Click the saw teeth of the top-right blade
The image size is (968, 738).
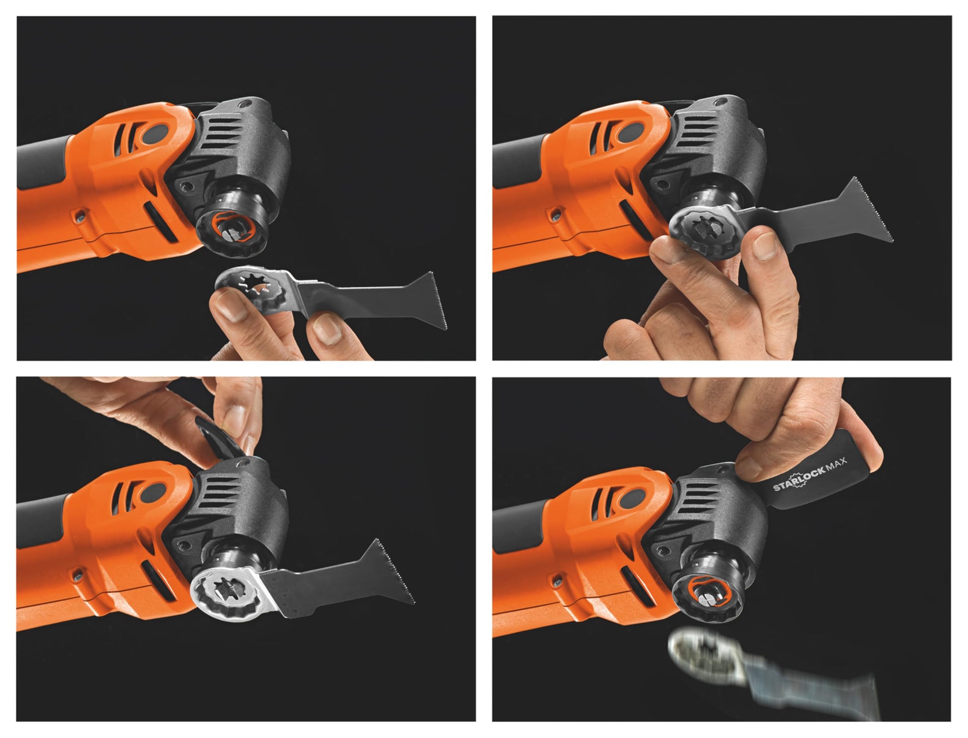coord(877,211)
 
